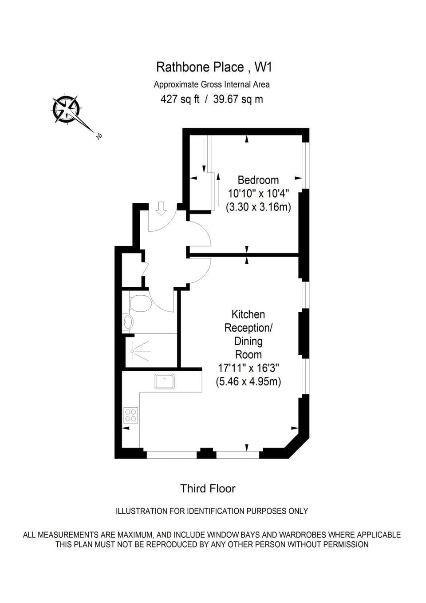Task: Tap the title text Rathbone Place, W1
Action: (214, 67)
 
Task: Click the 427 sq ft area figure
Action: (180, 99)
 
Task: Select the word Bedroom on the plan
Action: (258, 180)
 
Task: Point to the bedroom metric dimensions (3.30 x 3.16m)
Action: (258, 207)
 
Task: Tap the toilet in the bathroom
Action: (140, 302)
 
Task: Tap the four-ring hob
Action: (131, 415)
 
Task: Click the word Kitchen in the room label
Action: (248, 314)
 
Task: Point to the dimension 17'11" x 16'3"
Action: (248, 368)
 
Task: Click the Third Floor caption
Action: (208, 488)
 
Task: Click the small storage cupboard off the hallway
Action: (131, 270)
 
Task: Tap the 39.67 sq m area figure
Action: (238, 99)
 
